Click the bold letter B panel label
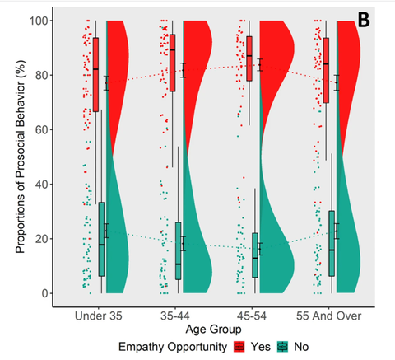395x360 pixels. point(364,20)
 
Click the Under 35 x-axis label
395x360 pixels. point(98,316)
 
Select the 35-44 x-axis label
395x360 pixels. point(175,316)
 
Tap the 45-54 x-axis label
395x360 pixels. point(252,316)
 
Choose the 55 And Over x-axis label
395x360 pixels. point(328,316)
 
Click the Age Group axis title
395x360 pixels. point(213,330)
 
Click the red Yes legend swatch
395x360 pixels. point(239,347)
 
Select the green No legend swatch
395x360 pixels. point(283,347)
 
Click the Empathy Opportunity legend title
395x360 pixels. point(173,347)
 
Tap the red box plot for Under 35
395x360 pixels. point(95,74)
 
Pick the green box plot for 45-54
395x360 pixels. point(255,255)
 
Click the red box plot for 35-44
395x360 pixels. point(173,63)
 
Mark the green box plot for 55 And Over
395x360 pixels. point(332,243)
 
